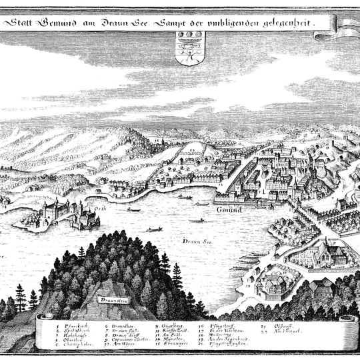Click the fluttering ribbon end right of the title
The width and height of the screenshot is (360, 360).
pyautogui.click(x=347, y=25)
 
